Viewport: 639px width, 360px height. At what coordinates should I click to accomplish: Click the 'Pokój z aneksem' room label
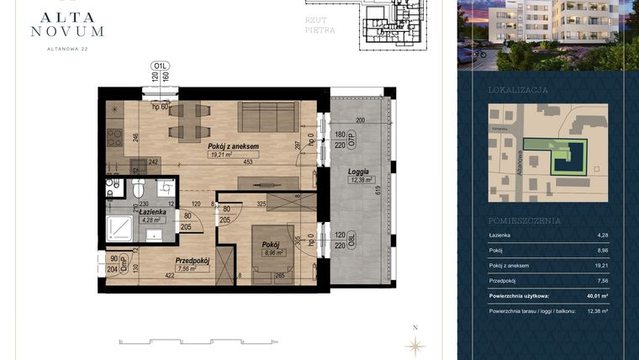tap(232, 146)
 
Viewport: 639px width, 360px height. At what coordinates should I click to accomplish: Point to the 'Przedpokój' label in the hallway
tap(192, 261)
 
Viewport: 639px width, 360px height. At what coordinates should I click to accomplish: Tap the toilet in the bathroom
tap(143, 188)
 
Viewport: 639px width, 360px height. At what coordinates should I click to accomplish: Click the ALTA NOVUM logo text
tap(67, 24)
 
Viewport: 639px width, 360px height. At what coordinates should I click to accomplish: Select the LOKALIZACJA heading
tap(518, 89)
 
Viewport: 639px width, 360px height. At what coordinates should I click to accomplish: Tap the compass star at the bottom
tap(414, 343)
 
